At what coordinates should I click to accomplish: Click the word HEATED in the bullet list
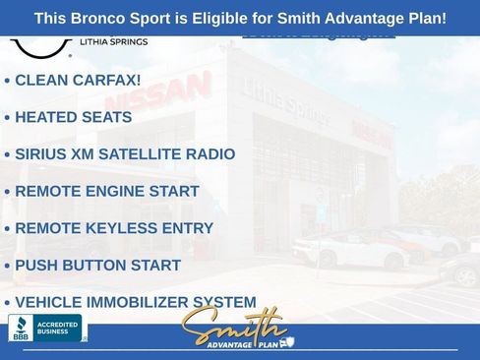[46, 117]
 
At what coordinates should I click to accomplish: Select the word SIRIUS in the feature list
[42, 154]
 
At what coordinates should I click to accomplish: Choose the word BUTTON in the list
[91, 266]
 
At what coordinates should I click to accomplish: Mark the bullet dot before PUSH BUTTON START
[7, 267]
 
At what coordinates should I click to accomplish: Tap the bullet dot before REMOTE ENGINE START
[7, 192]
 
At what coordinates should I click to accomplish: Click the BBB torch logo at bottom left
[20, 328]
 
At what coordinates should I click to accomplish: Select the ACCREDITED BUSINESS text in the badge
[57, 328]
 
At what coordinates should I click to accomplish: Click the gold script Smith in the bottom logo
[233, 325]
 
